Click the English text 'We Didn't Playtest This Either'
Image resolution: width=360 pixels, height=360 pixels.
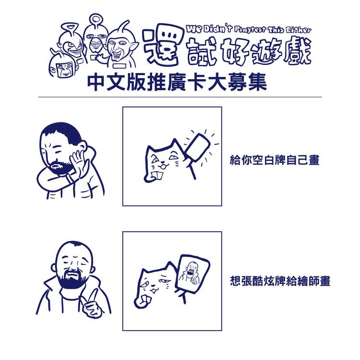point(249,30)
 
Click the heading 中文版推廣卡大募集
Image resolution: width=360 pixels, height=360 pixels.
point(177,82)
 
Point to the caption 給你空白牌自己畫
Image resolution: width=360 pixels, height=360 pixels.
point(275,160)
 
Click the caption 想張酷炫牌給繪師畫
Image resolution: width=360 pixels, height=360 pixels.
point(280,280)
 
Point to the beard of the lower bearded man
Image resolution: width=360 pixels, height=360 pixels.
point(72,279)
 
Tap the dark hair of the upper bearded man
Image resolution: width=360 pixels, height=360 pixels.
point(62,132)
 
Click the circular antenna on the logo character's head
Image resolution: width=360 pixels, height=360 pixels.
point(95,19)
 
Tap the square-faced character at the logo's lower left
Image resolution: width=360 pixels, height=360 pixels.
point(63,69)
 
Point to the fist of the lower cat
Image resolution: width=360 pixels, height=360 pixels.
point(142,301)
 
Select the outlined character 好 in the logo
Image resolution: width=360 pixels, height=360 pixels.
point(235,52)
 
